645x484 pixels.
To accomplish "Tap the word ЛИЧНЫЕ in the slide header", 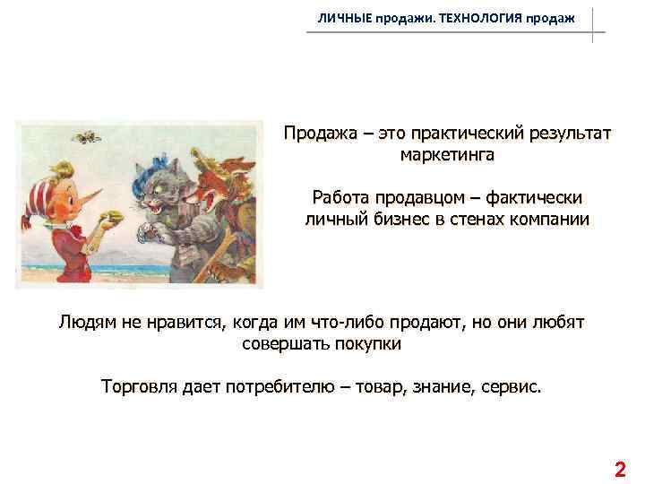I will point(344,19).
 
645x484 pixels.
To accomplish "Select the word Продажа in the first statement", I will point(322,134).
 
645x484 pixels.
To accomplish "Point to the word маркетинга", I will point(447,155).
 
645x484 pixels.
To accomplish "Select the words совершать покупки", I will point(322,343).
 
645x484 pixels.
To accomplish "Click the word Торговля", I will point(142,388).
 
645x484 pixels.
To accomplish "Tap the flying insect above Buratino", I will point(86,136).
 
